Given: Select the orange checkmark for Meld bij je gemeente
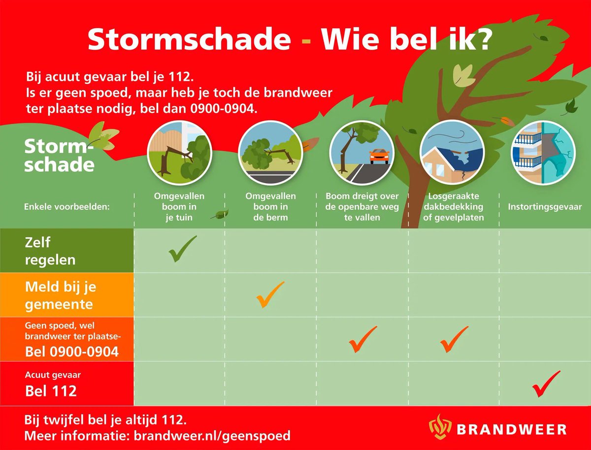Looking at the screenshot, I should [270, 294].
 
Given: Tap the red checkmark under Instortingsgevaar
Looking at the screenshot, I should [546, 384].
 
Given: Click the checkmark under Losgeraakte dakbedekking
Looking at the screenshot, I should [454, 339].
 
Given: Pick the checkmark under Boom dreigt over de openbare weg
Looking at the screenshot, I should [362, 339].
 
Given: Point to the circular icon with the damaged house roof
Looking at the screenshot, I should [452, 152].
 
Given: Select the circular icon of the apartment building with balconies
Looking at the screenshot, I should [543, 152].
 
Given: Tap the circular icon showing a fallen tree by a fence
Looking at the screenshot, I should [180, 152].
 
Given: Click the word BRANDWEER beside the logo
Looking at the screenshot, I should [511, 429].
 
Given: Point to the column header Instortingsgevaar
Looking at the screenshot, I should [545, 207].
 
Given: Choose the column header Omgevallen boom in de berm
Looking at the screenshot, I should [270, 206].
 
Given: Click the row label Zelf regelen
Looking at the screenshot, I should [50, 251].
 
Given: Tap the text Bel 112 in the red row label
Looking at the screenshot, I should [51, 391].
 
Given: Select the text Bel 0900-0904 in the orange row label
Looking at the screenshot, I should [72, 352].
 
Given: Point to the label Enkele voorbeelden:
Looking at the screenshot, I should [66, 207].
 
